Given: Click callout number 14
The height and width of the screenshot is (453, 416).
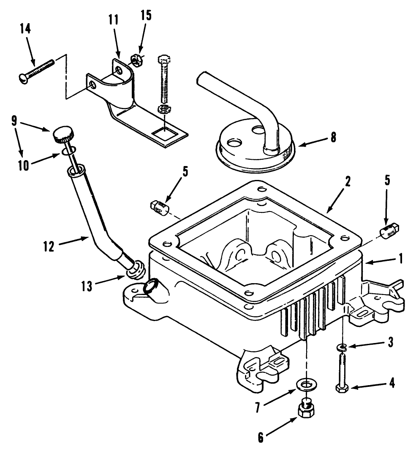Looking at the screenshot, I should point(25,31).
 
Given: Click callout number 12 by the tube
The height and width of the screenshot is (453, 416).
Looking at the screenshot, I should point(49,246).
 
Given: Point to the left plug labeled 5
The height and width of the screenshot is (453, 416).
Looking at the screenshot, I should point(159,207).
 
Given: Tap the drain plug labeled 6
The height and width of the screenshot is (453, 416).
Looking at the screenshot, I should point(306,409).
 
